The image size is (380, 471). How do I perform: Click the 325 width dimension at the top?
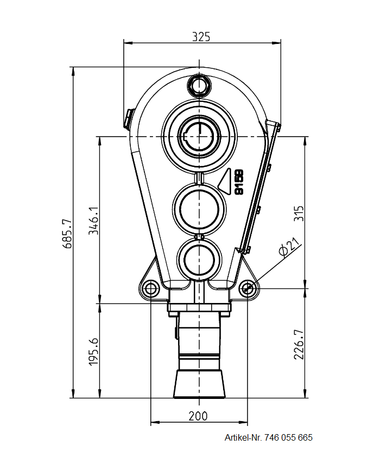point(201,37)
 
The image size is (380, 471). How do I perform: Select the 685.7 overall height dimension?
point(67,234)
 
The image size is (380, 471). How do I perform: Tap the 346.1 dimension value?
point(94,220)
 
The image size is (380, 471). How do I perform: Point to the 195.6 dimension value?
point(94,351)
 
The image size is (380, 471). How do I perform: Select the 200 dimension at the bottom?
point(198,416)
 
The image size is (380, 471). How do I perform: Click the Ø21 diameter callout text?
point(288,247)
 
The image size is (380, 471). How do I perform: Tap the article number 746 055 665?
point(289,437)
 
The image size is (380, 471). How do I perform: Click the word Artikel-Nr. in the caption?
point(243,437)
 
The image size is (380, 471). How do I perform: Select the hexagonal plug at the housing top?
point(199,85)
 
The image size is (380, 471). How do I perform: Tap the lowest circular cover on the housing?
point(199,259)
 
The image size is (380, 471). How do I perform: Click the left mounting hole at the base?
point(150,287)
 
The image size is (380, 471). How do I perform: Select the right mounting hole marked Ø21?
point(248,288)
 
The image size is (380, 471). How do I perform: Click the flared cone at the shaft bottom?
point(199,384)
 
